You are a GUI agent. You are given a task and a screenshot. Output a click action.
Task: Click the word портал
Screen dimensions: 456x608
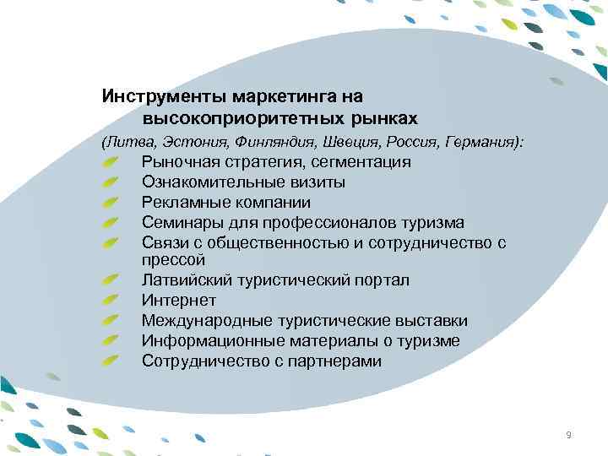(x=383, y=280)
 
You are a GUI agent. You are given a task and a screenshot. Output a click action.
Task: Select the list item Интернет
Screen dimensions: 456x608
(x=179, y=301)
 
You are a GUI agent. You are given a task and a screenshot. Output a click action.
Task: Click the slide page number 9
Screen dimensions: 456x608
(x=568, y=435)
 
